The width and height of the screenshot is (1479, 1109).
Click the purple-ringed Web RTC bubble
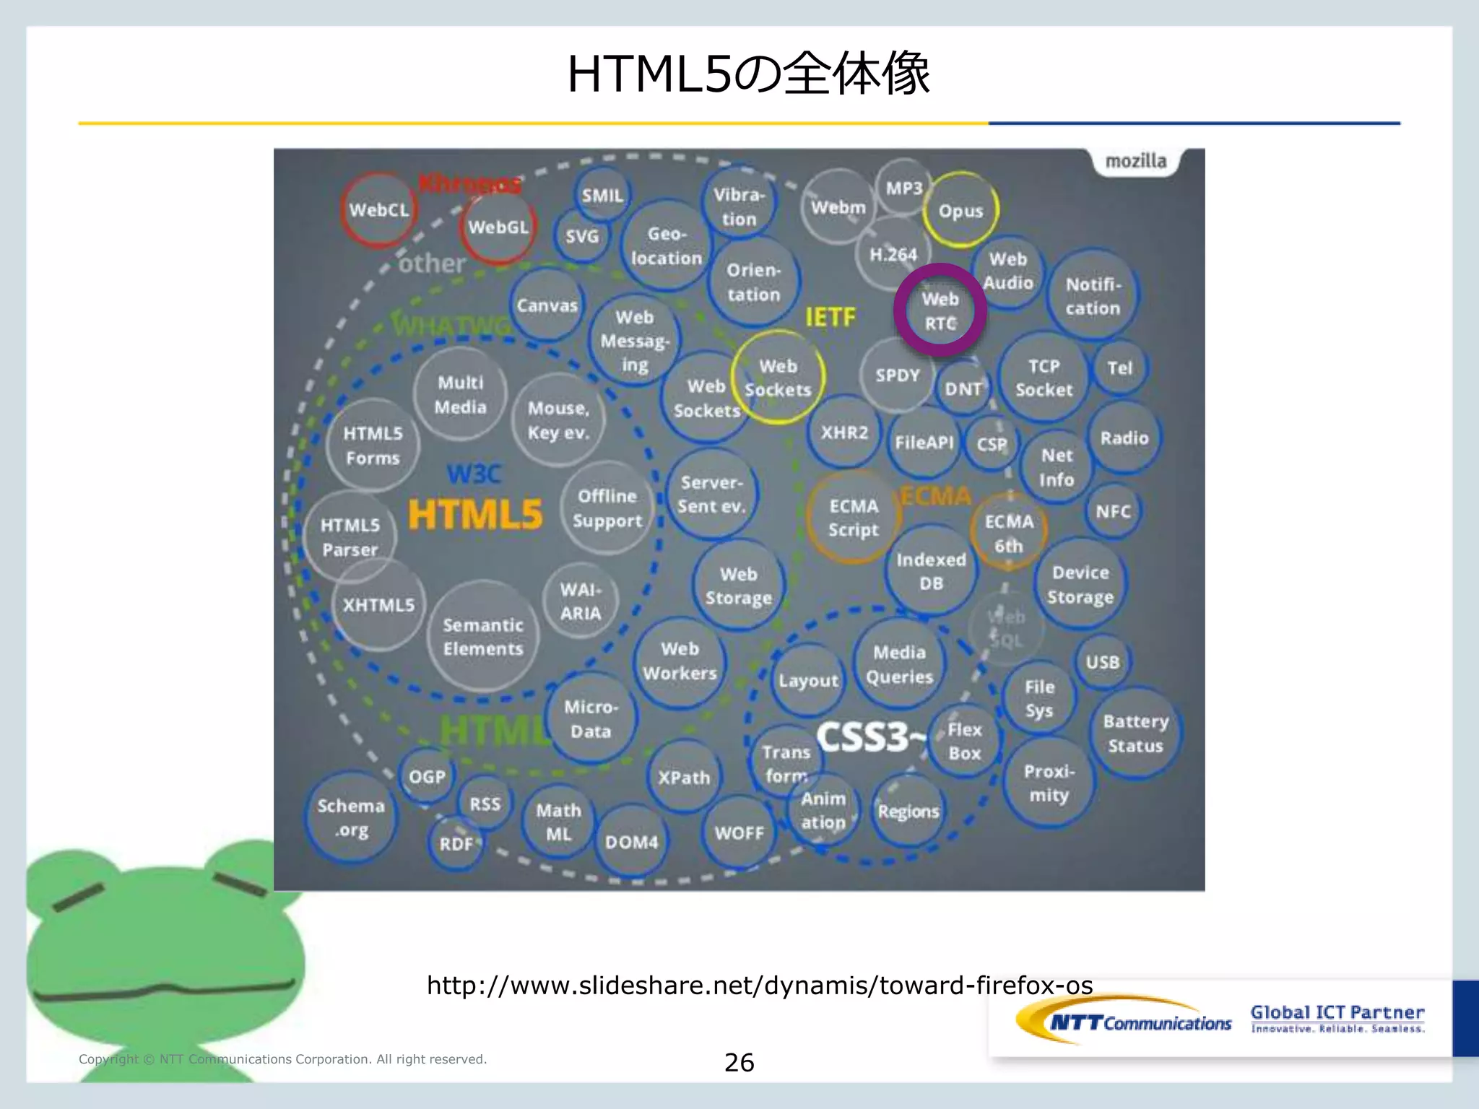(x=940, y=310)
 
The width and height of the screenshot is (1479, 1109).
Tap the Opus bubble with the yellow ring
(x=960, y=210)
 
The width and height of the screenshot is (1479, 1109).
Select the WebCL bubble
(x=379, y=209)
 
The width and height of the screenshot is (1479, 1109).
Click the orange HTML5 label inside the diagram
(x=474, y=514)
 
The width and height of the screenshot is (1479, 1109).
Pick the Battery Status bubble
(x=1135, y=734)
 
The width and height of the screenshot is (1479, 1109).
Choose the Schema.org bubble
(x=351, y=818)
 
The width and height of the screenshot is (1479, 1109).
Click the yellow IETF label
(x=830, y=316)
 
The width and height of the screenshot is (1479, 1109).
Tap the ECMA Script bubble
(x=853, y=518)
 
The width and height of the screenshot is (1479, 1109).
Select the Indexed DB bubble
(x=931, y=571)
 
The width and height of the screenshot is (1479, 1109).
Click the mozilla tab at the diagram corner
(x=1135, y=161)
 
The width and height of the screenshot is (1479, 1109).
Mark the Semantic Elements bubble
(x=482, y=637)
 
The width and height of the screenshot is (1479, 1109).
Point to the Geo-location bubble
(x=666, y=246)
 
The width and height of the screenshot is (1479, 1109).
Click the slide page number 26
(x=739, y=1062)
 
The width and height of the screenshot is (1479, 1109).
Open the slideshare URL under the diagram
(x=759, y=986)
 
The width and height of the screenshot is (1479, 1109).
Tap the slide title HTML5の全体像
(x=748, y=74)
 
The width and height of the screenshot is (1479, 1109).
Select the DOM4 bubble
(x=631, y=842)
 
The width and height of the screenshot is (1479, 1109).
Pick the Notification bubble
(x=1093, y=296)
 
